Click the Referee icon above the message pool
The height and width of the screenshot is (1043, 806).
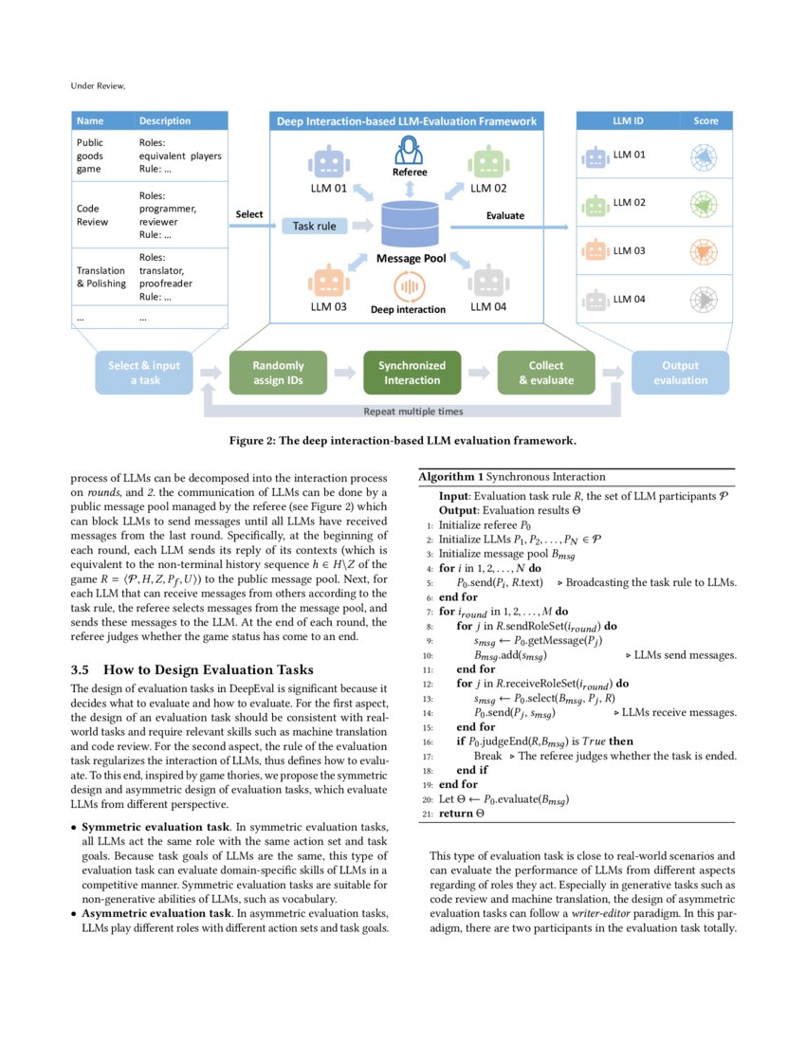410,151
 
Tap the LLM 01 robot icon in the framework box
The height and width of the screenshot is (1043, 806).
329,162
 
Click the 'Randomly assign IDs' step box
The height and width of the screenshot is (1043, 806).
278,373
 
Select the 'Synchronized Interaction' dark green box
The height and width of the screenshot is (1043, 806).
412,373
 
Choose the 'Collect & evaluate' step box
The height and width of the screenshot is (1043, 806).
545,373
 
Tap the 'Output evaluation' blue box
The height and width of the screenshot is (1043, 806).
680,373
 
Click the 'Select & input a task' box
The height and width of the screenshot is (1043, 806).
145,373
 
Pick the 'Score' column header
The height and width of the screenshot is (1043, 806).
705,121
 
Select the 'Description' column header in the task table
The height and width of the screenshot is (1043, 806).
165,121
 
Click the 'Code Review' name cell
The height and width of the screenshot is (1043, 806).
93,215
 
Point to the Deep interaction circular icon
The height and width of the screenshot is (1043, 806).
409,285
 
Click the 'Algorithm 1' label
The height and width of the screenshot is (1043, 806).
451,477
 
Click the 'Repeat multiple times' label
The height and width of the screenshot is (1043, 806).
413,412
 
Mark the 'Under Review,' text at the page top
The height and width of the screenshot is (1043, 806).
98,85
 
